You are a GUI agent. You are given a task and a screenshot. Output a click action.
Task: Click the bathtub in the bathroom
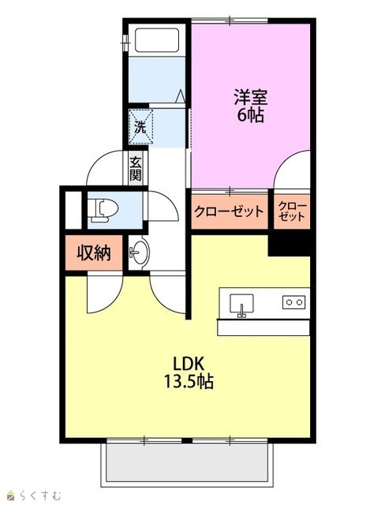click(x=156, y=40)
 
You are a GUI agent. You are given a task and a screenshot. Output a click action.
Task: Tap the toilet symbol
click(x=103, y=210)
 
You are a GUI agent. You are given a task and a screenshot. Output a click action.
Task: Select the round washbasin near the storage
click(x=140, y=252)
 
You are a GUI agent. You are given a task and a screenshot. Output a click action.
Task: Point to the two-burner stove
click(x=294, y=302)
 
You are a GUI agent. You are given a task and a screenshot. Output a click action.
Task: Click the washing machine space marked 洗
click(x=140, y=126)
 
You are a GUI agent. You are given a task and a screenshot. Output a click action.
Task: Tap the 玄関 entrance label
click(x=136, y=168)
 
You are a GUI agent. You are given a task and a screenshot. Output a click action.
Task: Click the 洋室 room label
click(x=251, y=97)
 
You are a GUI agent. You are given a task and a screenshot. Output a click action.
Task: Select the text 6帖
click(x=251, y=114)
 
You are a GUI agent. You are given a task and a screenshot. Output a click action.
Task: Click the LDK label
click(x=189, y=364)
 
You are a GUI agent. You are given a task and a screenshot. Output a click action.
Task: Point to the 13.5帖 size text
click(x=189, y=381)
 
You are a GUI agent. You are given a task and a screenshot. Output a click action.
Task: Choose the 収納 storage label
click(x=94, y=253)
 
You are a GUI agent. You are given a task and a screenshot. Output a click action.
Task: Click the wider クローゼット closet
click(x=230, y=211)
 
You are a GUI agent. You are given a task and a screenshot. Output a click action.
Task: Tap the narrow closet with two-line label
click(x=292, y=211)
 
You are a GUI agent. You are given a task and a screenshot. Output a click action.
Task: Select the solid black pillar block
click(x=289, y=243)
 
